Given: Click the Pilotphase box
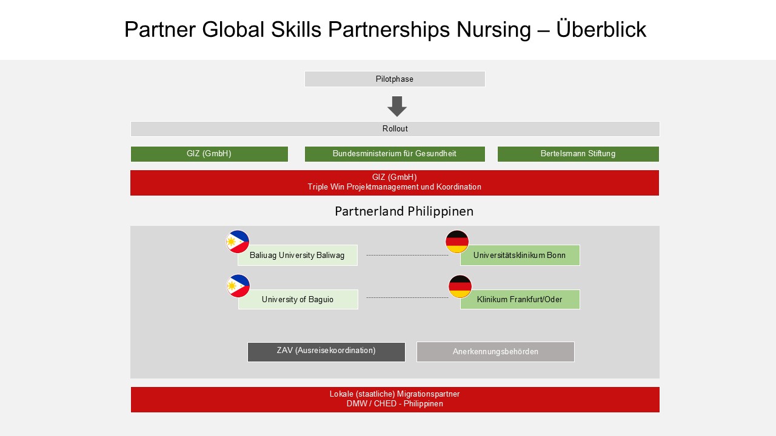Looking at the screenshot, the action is (x=395, y=79).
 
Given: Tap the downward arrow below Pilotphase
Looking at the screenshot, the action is (x=397, y=106).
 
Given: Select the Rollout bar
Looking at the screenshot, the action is (x=395, y=129).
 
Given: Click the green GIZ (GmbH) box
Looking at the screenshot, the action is (x=209, y=154).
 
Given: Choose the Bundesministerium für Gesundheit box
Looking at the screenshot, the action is (x=395, y=154).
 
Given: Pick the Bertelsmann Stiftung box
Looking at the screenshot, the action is (x=578, y=154).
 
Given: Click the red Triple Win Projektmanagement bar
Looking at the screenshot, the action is (x=395, y=183).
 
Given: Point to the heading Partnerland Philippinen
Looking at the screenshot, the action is (x=404, y=211).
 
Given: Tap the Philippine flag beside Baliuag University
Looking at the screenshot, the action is (x=238, y=242).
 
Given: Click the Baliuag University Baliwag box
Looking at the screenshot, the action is (x=298, y=256).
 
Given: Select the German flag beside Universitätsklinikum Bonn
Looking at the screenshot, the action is (x=457, y=242).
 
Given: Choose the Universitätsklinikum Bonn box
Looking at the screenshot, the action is (x=520, y=256).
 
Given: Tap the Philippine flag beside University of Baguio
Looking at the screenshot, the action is (x=238, y=286).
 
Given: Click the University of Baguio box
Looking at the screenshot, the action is (x=298, y=299).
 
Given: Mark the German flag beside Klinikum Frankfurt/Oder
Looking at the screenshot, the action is (x=460, y=286).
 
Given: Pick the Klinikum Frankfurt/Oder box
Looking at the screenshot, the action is (x=520, y=299).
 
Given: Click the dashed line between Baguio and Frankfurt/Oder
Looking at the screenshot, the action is (x=407, y=297).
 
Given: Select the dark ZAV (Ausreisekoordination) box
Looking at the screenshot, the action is (x=326, y=352).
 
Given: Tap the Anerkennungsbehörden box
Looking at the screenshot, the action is (x=495, y=352).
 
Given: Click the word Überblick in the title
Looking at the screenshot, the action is (x=601, y=29).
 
